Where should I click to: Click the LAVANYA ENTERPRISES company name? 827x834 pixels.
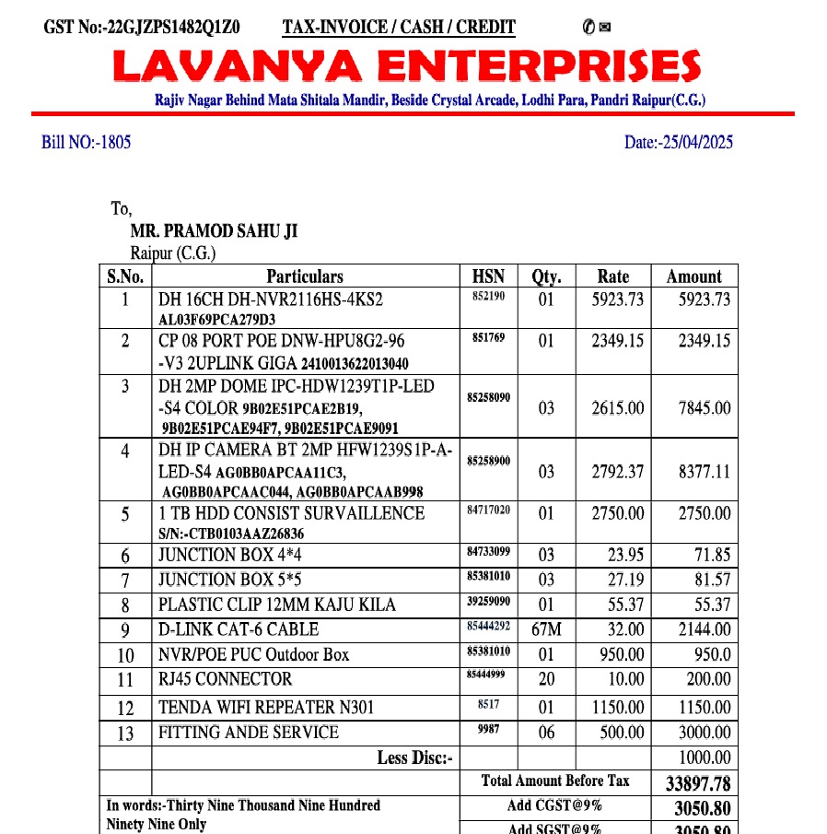tap(406, 65)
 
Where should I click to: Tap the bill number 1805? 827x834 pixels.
tap(87, 142)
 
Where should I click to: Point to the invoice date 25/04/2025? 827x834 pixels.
tap(679, 142)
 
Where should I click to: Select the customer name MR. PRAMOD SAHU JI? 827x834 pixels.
tap(214, 232)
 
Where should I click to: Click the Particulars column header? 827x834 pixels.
tap(305, 276)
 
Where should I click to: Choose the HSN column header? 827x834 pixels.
tap(488, 276)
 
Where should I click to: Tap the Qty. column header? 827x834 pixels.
tap(546, 276)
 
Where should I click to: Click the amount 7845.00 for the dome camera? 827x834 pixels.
tap(705, 408)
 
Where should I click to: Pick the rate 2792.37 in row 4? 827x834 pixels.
tap(617, 472)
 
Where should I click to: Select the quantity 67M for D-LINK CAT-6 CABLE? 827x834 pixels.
tap(546, 630)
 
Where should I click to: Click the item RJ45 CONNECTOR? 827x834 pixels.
tap(226, 680)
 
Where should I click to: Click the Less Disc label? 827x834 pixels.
tap(415, 758)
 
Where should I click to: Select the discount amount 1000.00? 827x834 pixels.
tap(705, 758)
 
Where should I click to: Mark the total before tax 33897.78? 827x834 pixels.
tap(697, 783)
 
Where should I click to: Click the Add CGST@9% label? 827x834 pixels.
tap(554, 806)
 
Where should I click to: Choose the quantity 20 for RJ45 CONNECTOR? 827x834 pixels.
tap(546, 680)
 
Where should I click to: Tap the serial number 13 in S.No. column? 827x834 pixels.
tap(125, 734)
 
